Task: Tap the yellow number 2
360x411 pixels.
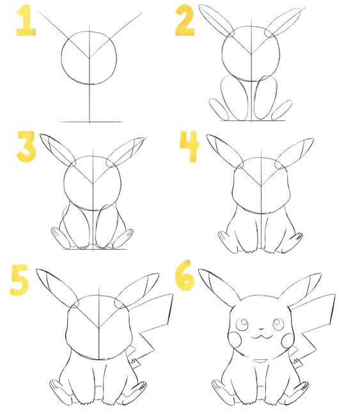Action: (x=185, y=22)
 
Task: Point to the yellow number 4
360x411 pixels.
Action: (x=189, y=149)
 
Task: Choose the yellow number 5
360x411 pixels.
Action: (x=20, y=281)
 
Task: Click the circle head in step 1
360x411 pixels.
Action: (x=89, y=56)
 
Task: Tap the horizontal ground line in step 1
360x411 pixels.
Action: (x=90, y=121)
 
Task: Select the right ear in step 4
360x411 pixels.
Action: (x=296, y=151)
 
